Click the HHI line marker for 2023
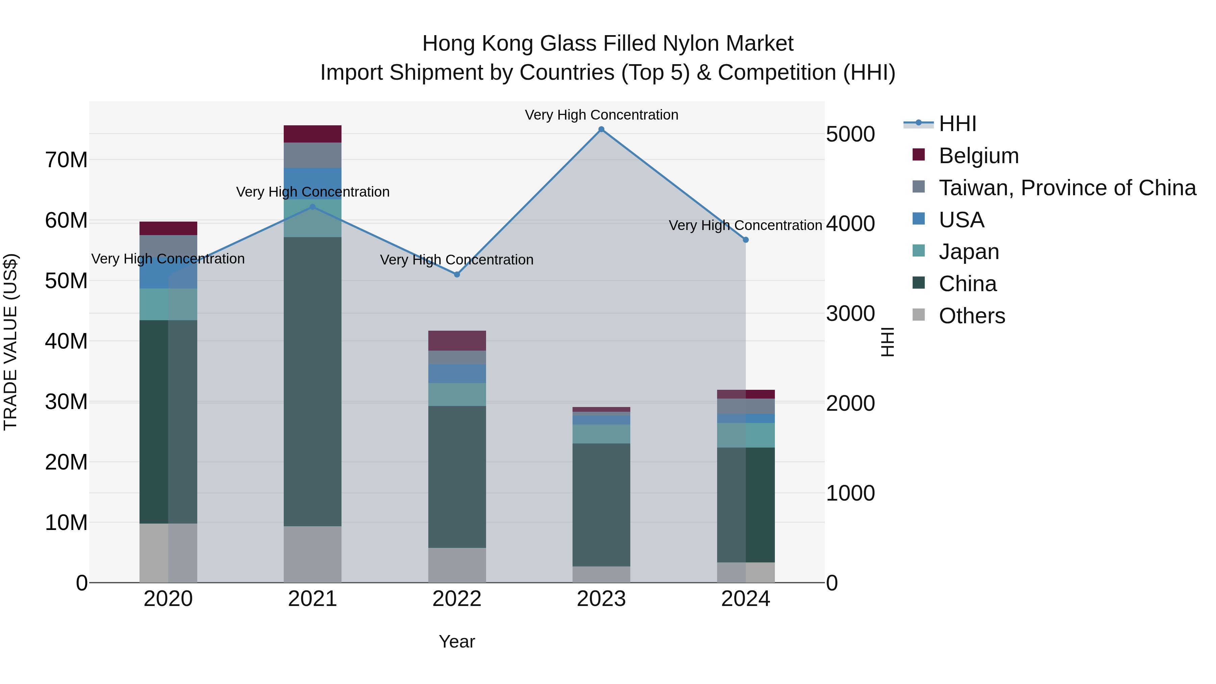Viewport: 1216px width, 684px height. pyautogui.click(x=601, y=129)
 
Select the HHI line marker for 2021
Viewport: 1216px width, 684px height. pyautogui.click(x=312, y=207)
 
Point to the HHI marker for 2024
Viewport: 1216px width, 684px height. pyautogui.click(x=745, y=240)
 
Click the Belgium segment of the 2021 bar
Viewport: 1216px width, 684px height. pyautogui.click(x=312, y=134)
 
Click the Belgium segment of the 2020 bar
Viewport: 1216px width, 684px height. pyautogui.click(x=168, y=228)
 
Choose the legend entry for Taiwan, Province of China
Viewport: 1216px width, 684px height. pyautogui.click(x=1067, y=188)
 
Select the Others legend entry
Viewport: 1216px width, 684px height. pyautogui.click(x=971, y=316)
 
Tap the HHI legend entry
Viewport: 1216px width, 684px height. pyautogui.click(x=957, y=124)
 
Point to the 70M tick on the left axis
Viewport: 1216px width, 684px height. pyautogui.click(x=66, y=160)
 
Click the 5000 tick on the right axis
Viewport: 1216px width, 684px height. pyautogui.click(x=850, y=134)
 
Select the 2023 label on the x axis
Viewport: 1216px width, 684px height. pyautogui.click(x=601, y=599)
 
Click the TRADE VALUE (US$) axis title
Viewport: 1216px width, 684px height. pyautogui.click(x=11, y=342)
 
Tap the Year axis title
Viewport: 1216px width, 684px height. pyautogui.click(x=456, y=641)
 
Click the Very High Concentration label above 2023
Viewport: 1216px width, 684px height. pyautogui.click(x=601, y=115)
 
